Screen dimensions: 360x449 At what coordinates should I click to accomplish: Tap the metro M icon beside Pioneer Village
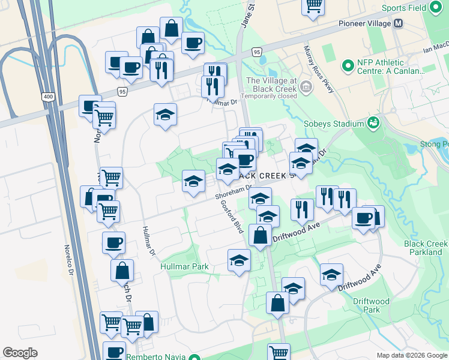(399, 24)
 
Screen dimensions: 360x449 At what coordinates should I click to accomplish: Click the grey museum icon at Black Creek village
(307, 88)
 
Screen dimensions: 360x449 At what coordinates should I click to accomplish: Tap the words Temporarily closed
(271, 96)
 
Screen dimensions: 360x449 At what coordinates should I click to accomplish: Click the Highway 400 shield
(48, 97)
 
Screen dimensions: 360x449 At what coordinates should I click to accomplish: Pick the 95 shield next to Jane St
(257, 53)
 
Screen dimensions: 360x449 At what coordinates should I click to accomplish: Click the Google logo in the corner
(20, 353)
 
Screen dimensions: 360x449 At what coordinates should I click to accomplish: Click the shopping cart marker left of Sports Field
(312, 6)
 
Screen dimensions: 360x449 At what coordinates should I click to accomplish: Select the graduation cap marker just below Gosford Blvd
(239, 261)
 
